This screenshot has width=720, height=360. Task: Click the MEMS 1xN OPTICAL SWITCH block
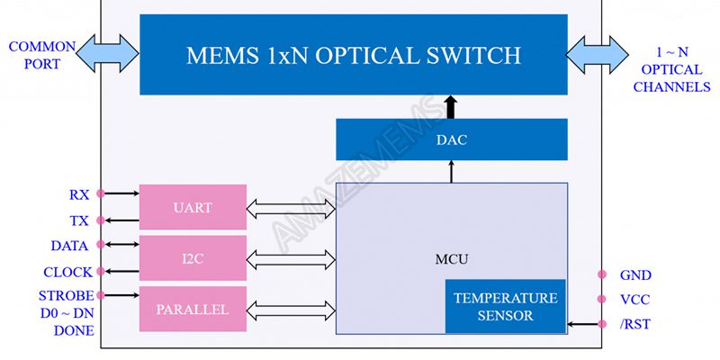pyautogui.click(x=353, y=55)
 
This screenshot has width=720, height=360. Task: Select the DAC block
pyautogui.click(x=451, y=139)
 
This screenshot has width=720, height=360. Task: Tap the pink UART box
pyautogui.click(x=193, y=207)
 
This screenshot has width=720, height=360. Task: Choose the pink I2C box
pyautogui.click(x=193, y=259)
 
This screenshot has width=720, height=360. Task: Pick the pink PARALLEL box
pyautogui.click(x=193, y=310)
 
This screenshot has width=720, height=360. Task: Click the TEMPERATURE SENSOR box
pyautogui.click(x=505, y=307)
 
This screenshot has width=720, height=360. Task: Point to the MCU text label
pyautogui.click(x=451, y=259)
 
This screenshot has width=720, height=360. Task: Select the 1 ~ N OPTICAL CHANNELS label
pyautogui.click(x=671, y=70)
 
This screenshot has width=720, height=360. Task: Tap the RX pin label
pyautogui.click(x=79, y=193)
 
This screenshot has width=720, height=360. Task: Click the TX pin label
pyautogui.click(x=79, y=220)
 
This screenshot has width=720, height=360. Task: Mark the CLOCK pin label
pyautogui.click(x=67, y=272)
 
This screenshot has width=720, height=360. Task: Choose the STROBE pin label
pyautogui.click(x=67, y=294)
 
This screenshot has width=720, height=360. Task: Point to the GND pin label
pyautogui.click(x=635, y=275)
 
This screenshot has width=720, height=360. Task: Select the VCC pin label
pyautogui.click(x=634, y=300)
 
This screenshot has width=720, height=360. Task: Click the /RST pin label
pyautogui.click(x=634, y=323)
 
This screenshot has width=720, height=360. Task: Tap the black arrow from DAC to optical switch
pyautogui.click(x=451, y=106)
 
